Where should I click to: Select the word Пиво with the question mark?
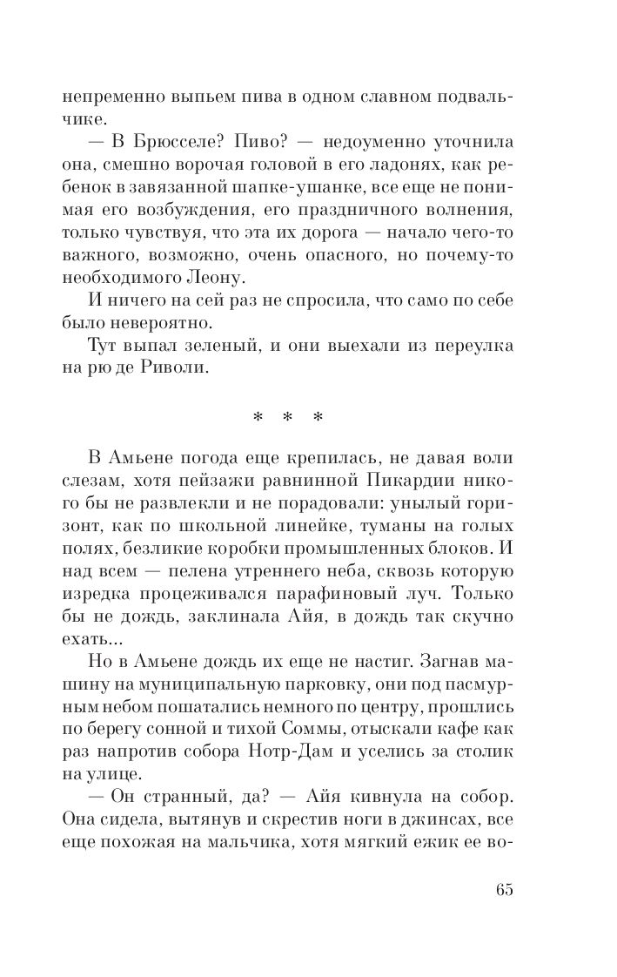(x=248, y=142)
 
